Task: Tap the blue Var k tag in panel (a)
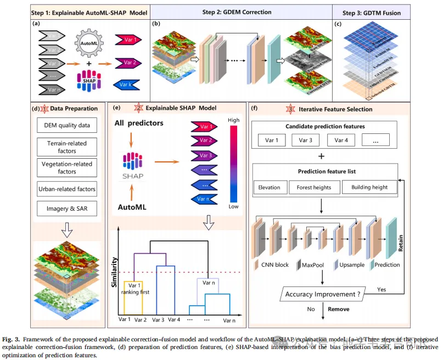coord(125,85)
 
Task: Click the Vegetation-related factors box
coord(67,167)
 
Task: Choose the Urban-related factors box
coord(67,189)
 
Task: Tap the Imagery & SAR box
coord(67,209)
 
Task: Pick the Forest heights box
coord(314,187)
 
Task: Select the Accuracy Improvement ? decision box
coord(322,294)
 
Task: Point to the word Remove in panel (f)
coord(339,309)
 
